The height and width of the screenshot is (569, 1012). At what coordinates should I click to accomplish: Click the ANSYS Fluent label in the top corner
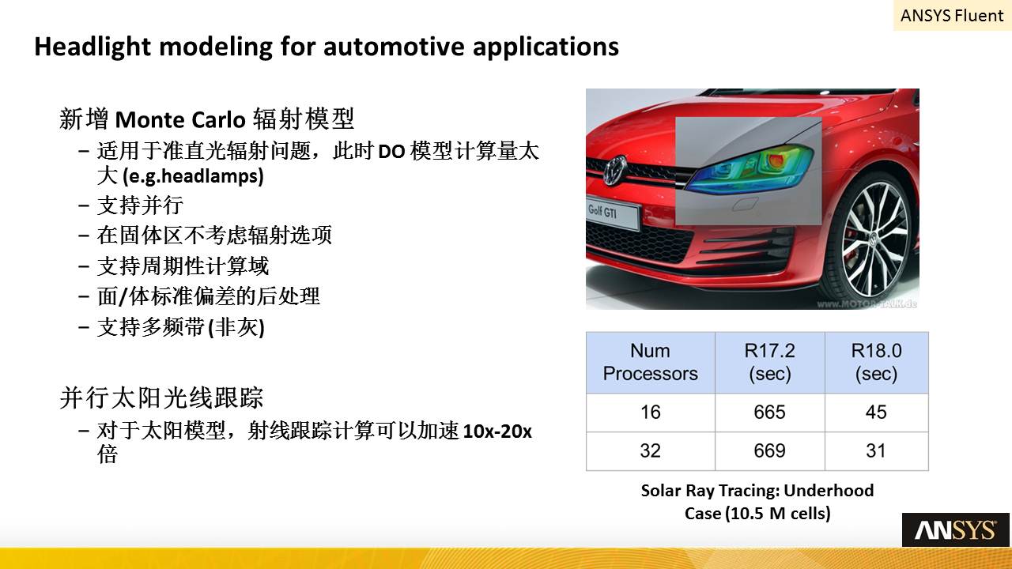point(951,16)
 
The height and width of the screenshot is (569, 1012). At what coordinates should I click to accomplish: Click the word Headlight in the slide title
point(92,47)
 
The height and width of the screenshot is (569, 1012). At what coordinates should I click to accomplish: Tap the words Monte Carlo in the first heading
point(180,119)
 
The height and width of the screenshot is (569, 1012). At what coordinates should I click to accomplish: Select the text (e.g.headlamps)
point(192,176)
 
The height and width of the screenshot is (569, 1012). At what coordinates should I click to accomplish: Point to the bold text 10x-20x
point(497,431)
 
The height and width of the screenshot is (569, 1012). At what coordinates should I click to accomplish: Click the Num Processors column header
point(650,362)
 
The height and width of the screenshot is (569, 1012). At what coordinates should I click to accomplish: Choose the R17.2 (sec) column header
point(770,362)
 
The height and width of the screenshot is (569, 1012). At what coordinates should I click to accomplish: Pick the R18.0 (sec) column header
point(877,362)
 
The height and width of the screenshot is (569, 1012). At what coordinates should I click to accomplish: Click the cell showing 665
point(769,413)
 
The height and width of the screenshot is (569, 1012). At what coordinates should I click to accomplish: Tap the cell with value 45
point(876,413)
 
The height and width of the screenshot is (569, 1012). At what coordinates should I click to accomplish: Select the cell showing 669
point(769,450)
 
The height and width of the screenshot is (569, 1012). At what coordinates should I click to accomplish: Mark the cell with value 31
point(876,450)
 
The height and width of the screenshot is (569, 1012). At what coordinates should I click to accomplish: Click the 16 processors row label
point(650,413)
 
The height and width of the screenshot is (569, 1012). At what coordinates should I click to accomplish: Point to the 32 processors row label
point(650,450)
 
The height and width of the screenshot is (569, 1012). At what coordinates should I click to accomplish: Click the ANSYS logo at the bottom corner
point(956,529)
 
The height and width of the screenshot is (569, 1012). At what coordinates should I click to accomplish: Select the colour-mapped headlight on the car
point(750,170)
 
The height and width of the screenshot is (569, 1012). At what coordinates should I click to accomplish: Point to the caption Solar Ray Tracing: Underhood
point(757,491)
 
